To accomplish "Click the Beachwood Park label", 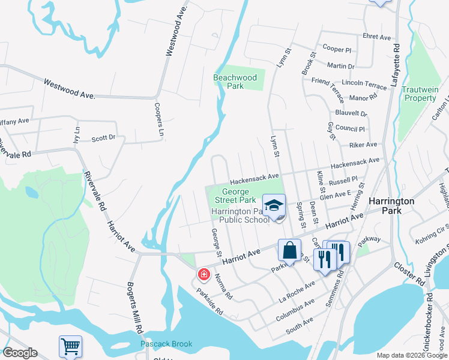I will point(235,82).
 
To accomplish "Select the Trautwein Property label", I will point(420,94).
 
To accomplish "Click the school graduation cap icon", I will point(273,206).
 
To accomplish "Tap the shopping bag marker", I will point(289,250).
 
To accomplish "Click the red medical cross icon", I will point(203,275).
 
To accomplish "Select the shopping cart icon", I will point(70,347).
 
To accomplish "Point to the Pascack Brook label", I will point(166,344).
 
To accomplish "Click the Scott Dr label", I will point(103,138).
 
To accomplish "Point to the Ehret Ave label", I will point(376,37).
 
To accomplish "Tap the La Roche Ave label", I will point(297,291).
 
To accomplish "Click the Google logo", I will point(20,353).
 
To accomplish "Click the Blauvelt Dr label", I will point(351,113).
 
